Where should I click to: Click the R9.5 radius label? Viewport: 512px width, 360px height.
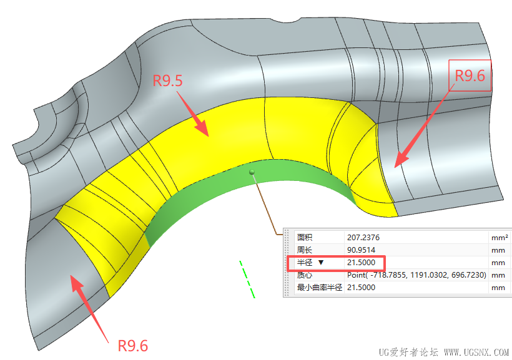tap(168, 80)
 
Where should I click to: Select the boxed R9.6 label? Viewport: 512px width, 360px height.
tap(470, 75)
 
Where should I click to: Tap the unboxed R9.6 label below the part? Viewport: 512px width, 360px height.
tap(133, 345)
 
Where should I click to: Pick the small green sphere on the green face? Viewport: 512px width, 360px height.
tap(252, 172)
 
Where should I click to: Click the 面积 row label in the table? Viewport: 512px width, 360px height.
tap(304, 238)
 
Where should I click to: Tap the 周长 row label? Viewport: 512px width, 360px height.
tap(304, 250)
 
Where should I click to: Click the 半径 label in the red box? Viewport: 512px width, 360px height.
tap(304, 263)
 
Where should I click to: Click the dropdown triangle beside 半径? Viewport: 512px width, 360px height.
tap(321, 263)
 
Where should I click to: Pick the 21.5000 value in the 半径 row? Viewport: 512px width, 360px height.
tap(361, 263)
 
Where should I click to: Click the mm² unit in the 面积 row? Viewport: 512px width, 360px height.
tap(499, 238)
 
